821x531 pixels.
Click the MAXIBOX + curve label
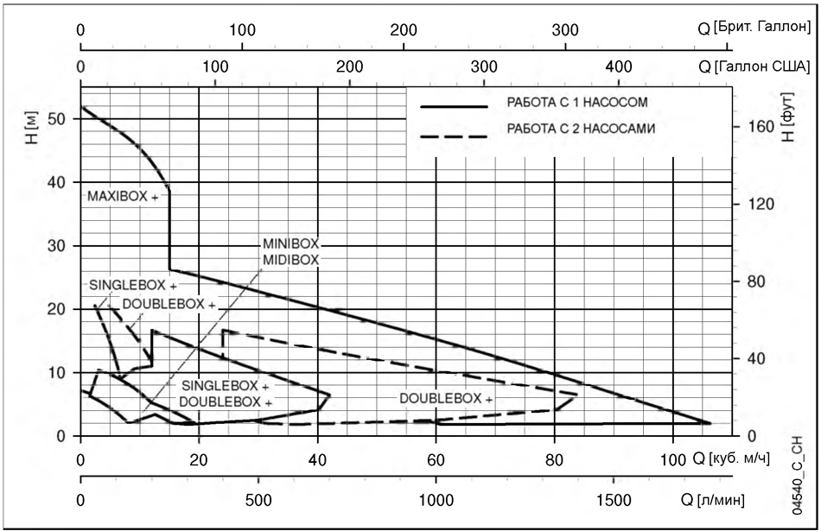[x=123, y=197]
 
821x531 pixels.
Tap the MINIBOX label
[x=290, y=243]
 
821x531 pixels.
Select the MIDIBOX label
[x=290, y=260]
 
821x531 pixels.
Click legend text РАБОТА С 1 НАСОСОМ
[x=577, y=102]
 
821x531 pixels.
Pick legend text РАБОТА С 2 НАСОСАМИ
[x=581, y=128]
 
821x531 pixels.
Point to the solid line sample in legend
[x=454, y=107]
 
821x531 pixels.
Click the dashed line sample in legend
[x=454, y=137]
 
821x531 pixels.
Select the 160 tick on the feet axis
[x=761, y=127]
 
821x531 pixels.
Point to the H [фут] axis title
[x=787, y=117]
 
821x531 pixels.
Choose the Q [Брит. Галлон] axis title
[x=754, y=28]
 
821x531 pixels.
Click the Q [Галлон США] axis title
[x=754, y=66]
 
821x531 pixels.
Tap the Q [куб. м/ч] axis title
[x=731, y=458]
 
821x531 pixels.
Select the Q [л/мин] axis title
[x=713, y=500]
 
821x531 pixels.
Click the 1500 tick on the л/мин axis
[x=614, y=500]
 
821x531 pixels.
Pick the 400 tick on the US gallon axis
[x=619, y=67]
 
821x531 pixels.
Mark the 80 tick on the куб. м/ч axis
[x=554, y=460]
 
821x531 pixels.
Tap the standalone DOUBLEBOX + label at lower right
[x=446, y=399]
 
